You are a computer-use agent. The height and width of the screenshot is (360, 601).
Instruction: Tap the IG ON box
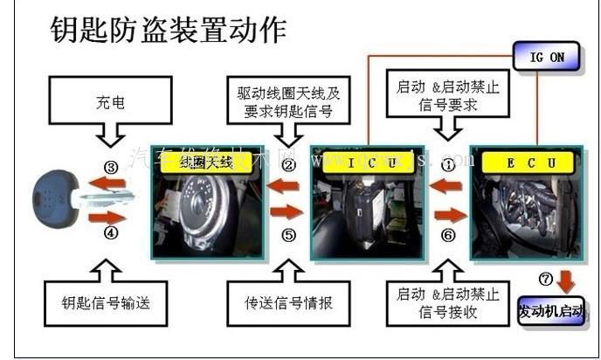548,57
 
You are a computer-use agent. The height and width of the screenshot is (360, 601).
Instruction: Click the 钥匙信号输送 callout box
107,303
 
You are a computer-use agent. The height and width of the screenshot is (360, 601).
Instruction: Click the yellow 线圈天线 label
205,163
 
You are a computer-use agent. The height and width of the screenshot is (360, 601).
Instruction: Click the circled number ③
110,166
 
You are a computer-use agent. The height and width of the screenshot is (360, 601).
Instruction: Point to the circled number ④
110,233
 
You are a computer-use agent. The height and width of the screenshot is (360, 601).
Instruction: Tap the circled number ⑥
447,234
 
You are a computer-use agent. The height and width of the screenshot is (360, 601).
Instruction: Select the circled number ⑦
547,279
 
